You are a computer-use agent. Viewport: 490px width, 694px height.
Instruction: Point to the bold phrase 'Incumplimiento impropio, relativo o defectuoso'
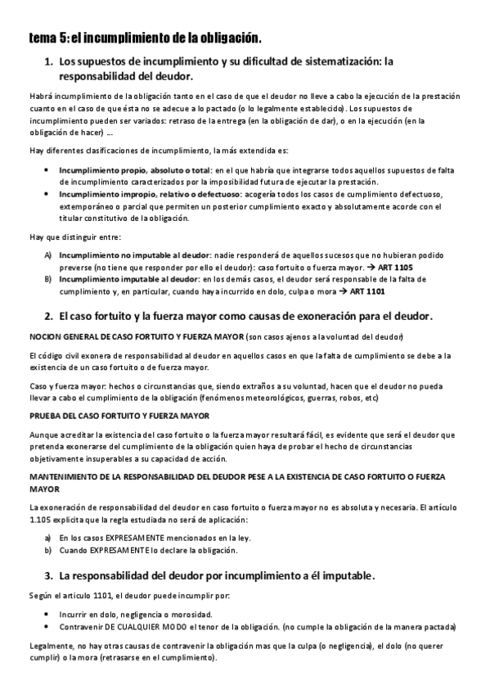point(149,195)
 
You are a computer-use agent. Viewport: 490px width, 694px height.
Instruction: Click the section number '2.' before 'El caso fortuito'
point(48,316)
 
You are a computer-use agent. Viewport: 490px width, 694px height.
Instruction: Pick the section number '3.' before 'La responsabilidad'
point(48,575)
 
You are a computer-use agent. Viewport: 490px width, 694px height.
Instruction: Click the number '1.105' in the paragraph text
point(40,520)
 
